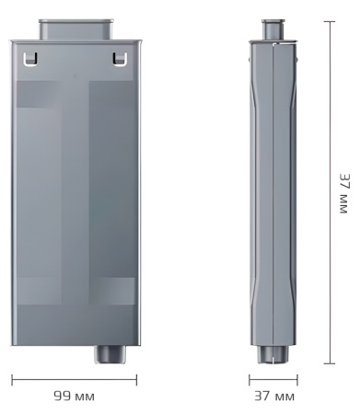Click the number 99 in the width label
62,397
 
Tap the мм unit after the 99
84,397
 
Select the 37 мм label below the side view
273,397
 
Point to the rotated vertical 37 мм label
343,192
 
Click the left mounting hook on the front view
30,60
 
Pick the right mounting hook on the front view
117,60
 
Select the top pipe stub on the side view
273,29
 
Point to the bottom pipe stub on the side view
273,355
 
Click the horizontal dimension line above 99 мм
74,378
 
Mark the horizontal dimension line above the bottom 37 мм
273,378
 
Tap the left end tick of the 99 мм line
12,378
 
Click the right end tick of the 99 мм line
136,378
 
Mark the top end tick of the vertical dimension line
329,19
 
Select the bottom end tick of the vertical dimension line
329,363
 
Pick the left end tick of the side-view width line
250,378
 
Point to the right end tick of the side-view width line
297,378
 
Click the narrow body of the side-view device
273,193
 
